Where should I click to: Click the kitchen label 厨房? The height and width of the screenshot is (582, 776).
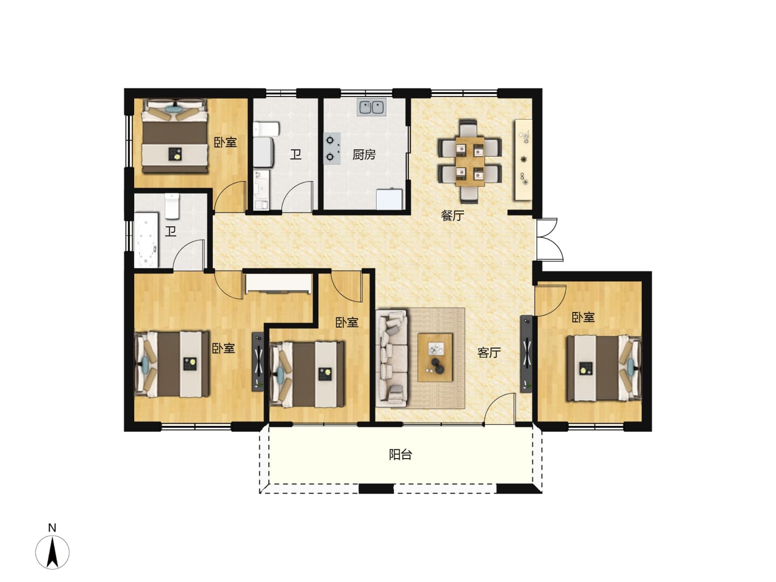(x=363, y=155)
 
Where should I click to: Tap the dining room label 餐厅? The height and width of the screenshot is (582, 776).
(x=452, y=215)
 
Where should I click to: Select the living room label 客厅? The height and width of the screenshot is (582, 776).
(x=489, y=352)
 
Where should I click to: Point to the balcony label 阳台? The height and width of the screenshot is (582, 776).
(x=400, y=454)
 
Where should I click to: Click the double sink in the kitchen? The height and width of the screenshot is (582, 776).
(x=371, y=107)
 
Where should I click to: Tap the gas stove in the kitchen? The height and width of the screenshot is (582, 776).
(x=331, y=148)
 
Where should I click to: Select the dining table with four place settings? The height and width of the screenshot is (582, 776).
(x=470, y=161)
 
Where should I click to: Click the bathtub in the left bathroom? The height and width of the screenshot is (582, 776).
(x=146, y=240)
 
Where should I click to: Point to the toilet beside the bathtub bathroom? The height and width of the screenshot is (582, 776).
(x=172, y=206)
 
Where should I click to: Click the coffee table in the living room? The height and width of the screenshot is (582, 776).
(x=435, y=357)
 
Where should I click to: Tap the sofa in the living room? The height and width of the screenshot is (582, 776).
(x=392, y=358)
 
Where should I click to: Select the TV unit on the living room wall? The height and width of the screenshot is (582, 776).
(x=526, y=354)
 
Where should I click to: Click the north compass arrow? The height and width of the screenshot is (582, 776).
(x=53, y=552)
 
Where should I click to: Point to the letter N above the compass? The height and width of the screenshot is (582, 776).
(x=52, y=528)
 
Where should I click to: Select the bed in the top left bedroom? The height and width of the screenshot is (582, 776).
(x=175, y=136)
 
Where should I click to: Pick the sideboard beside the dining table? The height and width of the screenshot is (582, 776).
(x=524, y=160)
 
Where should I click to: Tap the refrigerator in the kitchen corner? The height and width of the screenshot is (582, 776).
(x=390, y=199)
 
